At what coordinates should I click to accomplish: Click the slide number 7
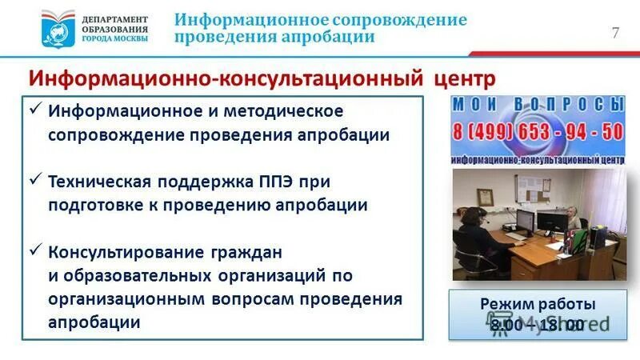(615, 33)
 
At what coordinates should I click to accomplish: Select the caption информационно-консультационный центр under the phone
(537, 158)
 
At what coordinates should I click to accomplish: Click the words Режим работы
(538, 305)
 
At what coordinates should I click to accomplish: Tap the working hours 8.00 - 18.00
(538, 325)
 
